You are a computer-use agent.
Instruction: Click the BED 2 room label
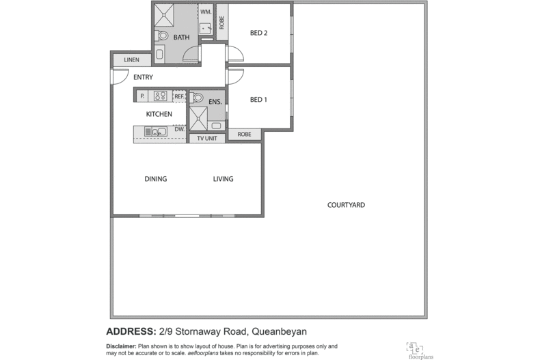point(258,33)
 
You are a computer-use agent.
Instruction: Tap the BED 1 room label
point(258,100)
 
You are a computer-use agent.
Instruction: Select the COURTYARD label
point(346,205)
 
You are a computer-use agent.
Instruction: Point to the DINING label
point(155,179)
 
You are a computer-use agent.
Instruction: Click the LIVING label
point(223,179)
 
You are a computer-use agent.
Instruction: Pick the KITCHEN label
point(159,114)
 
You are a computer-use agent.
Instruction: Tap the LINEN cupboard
point(132,60)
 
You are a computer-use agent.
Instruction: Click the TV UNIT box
point(206,138)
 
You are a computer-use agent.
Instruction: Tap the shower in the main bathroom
point(165,14)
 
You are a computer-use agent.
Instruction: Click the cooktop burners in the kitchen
point(161,96)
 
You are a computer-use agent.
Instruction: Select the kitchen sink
point(155,132)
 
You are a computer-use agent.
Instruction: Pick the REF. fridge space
point(179,96)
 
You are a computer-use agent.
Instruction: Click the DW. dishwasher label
point(179,128)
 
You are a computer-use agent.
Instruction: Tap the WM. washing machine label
point(204,12)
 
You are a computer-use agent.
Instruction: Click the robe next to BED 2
point(222,22)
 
